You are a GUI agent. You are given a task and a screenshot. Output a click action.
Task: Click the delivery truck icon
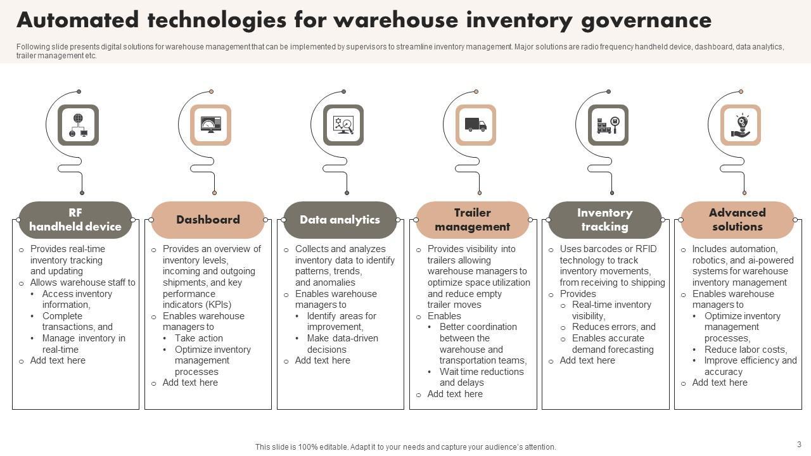[x=475, y=125]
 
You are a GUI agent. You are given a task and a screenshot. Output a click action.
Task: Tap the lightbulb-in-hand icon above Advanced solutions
[x=740, y=125]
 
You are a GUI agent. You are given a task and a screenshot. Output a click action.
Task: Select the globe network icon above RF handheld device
[x=78, y=125]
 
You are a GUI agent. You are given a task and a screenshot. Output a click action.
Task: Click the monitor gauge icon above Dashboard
[x=210, y=125]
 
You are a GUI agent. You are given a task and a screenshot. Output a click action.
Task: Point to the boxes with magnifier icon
[x=608, y=125]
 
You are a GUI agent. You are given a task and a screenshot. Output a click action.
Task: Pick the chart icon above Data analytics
[x=343, y=125]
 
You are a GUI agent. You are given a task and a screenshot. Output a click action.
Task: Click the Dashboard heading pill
[x=208, y=220]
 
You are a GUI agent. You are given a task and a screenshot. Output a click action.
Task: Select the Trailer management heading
[x=473, y=220]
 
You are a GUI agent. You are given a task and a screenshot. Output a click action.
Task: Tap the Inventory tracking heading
[x=605, y=220]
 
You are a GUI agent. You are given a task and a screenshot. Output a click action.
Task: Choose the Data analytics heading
[x=340, y=220]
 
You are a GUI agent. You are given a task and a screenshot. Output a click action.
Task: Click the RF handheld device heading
[x=75, y=220]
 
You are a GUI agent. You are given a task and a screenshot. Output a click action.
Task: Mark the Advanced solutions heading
[x=738, y=220]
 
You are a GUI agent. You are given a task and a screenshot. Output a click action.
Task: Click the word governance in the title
[x=646, y=20]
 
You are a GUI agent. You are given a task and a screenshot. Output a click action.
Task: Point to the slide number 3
[x=799, y=445]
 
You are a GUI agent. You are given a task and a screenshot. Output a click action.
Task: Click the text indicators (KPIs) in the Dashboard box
[x=196, y=305]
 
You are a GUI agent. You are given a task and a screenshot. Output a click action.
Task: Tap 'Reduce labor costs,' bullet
[x=746, y=350]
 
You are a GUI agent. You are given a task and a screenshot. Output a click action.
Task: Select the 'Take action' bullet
[x=199, y=338]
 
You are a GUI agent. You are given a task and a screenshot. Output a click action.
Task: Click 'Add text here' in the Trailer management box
[x=455, y=394]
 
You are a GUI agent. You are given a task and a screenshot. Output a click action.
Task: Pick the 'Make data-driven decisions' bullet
[x=342, y=344]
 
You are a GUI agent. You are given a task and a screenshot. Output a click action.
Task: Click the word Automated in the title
[x=77, y=20]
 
